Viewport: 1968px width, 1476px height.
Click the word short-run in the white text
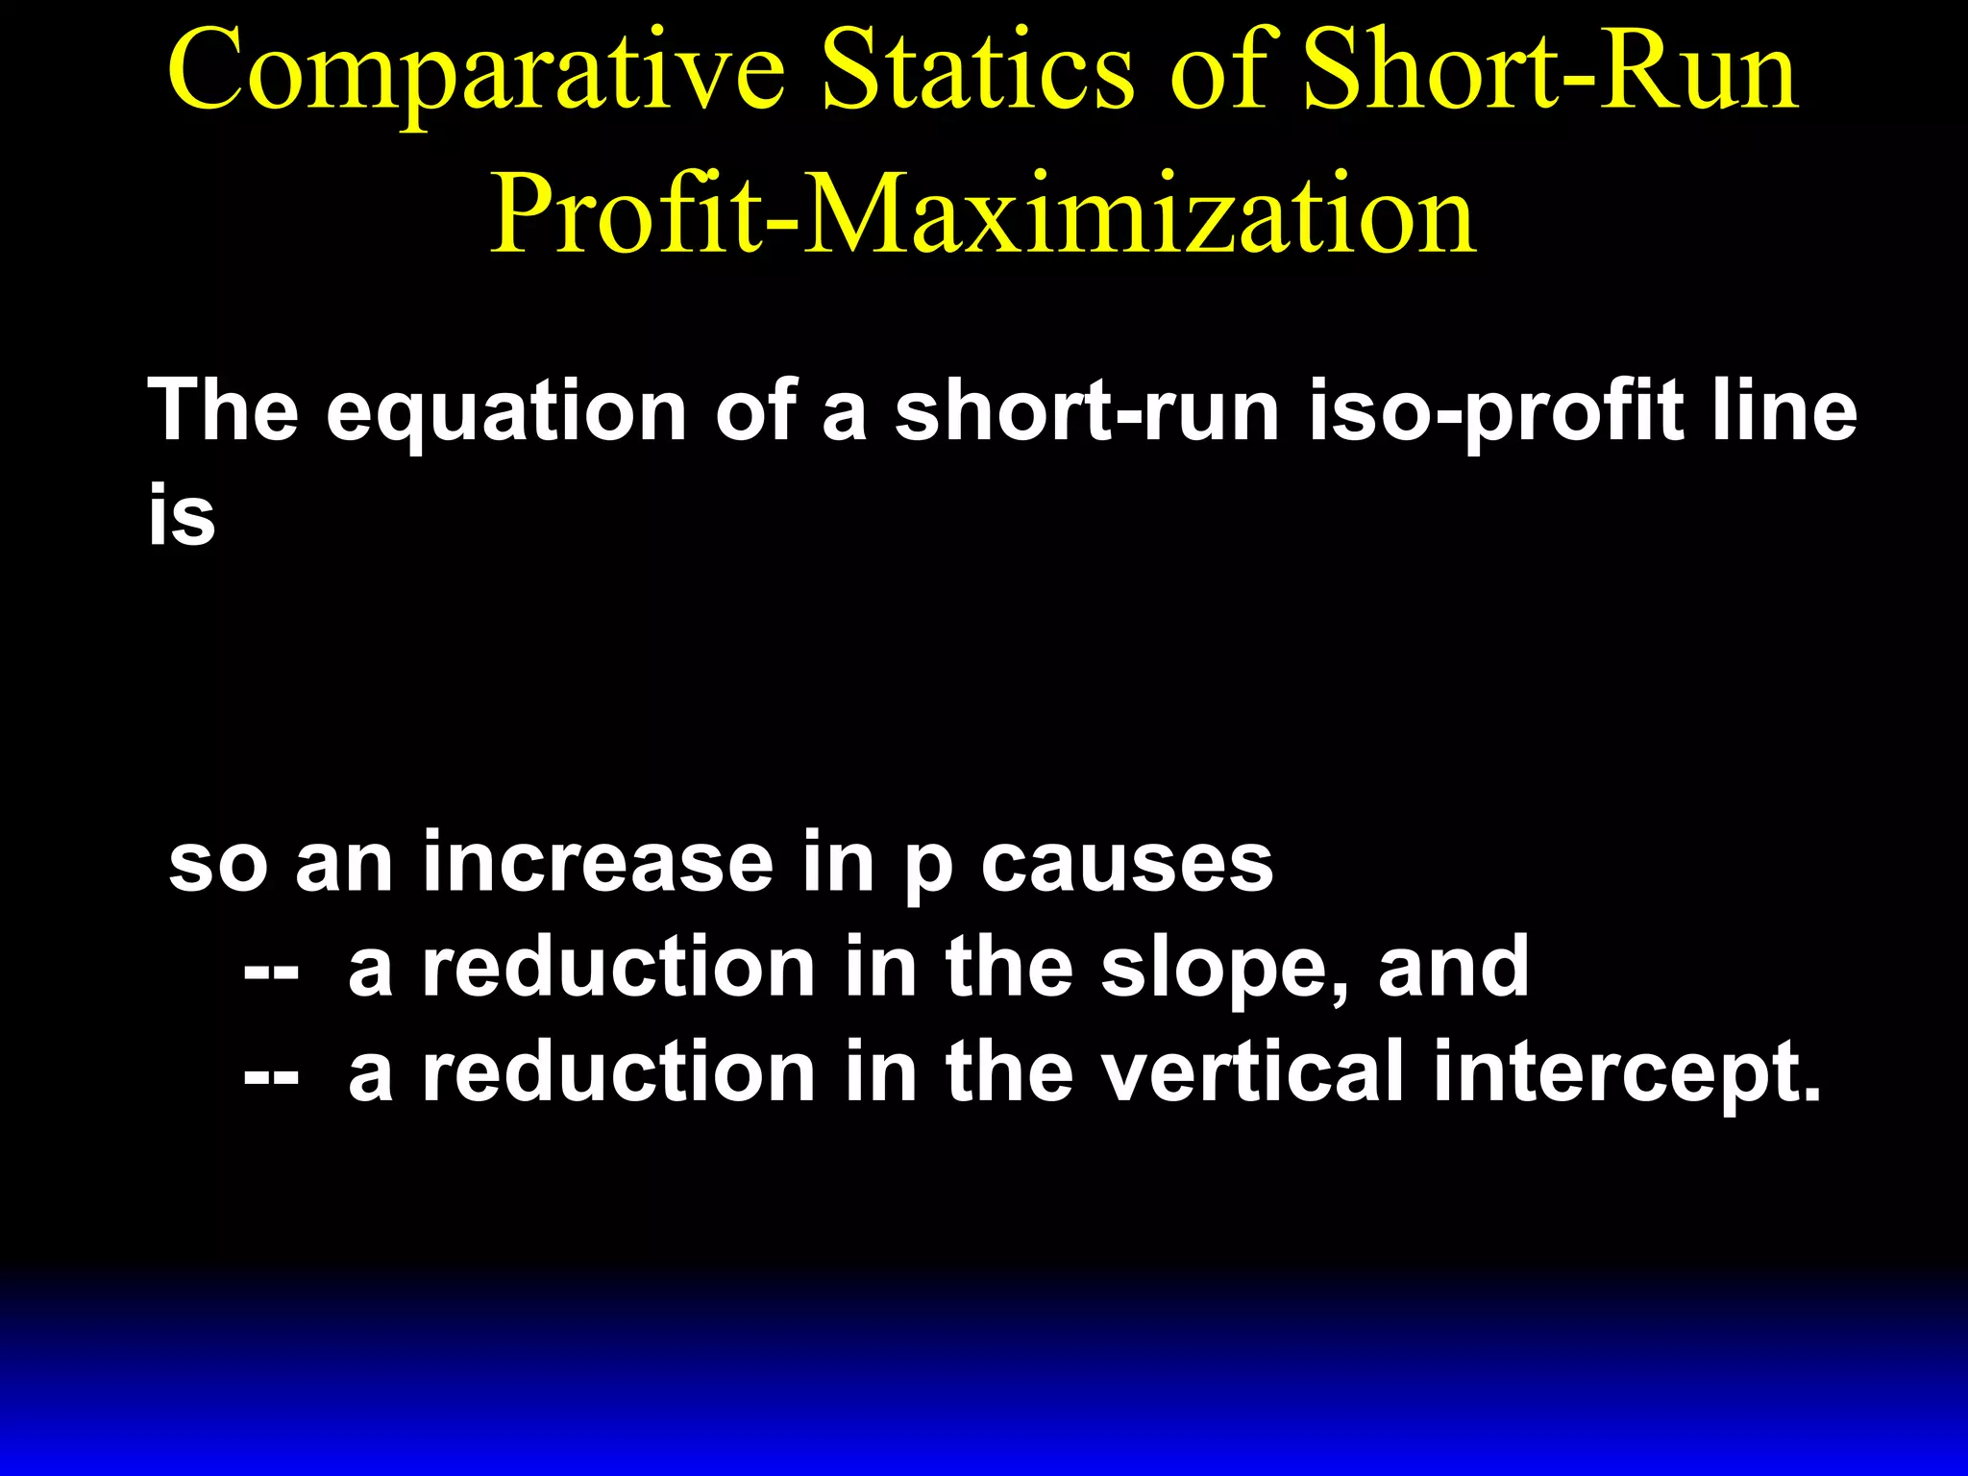(1087, 411)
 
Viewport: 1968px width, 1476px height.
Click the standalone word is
(182, 515)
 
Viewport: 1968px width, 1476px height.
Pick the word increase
(597, 862)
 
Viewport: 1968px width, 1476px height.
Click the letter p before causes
(928, 870)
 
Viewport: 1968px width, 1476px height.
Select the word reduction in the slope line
(620, 967)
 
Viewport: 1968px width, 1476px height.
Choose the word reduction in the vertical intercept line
(620, 1072)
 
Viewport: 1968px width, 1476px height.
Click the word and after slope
(1453, 967)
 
